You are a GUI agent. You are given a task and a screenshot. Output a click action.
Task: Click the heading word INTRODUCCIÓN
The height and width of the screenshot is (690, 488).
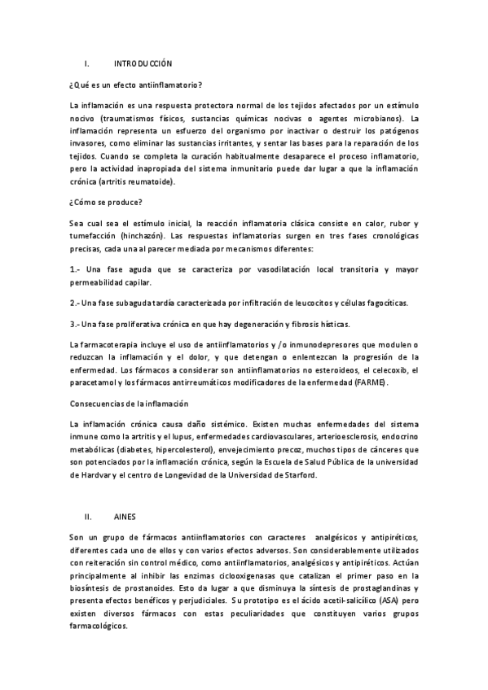[x=143, y=63]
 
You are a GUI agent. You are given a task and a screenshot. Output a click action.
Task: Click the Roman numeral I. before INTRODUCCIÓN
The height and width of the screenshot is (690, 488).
[x=87, y=63]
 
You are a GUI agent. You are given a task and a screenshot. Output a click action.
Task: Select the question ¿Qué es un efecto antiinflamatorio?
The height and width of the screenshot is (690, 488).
[x=136, y=85]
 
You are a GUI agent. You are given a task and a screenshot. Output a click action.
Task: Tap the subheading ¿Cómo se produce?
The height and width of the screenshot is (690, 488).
[x=107, y=203]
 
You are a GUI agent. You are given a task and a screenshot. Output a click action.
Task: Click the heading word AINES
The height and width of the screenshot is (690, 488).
[x=125, y=516]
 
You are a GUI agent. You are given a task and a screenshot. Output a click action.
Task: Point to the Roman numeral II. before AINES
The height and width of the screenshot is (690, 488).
[x=89, y=516]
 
